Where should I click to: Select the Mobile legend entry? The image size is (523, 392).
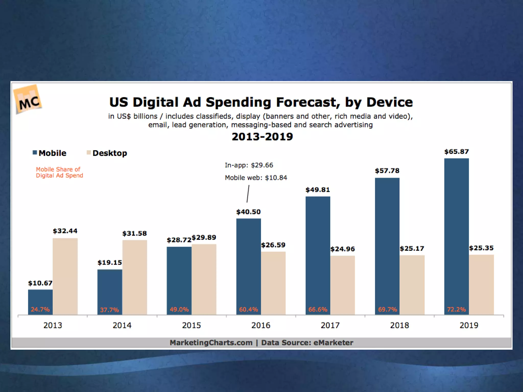50,153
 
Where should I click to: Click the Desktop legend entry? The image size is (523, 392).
107,153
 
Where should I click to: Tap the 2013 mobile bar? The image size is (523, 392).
40,299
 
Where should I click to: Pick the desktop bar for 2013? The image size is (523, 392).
65,276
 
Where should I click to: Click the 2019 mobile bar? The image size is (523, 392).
456,235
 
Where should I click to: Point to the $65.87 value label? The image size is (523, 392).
456,152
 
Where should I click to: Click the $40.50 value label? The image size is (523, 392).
248,212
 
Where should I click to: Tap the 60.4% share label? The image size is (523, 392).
248,310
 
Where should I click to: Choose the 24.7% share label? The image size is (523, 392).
40,310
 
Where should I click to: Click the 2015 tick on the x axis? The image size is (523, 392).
192,325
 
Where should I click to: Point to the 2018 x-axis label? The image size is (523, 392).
399,325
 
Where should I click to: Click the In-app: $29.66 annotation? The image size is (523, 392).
249,165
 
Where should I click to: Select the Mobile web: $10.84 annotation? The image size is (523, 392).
256,178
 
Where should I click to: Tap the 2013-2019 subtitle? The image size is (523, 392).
262,137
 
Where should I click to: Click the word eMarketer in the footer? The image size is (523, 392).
333,342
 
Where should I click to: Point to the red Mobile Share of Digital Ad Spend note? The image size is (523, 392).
59,172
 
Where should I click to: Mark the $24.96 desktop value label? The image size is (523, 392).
342,249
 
